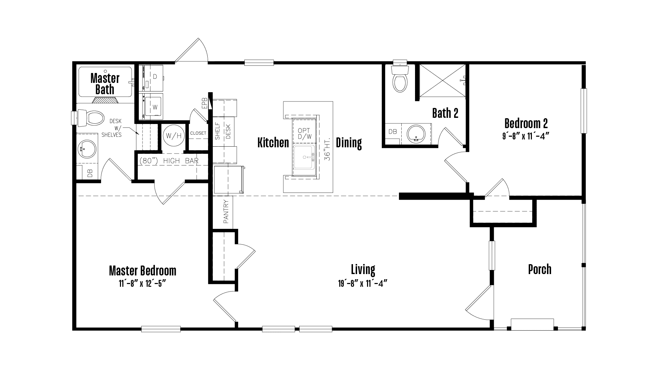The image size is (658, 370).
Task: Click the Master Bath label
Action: pos(105,84)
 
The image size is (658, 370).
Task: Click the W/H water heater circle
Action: pos(174,136)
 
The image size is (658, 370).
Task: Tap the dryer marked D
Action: pos(151,78)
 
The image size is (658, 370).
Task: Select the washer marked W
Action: pos(151,106)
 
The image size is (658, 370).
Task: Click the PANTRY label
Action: pos(226,211)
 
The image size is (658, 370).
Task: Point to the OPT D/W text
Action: pos(304,134)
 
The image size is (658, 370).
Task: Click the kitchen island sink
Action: pos(304,157)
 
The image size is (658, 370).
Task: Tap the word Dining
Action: pos(349,143)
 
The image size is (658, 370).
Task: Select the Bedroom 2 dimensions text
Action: pos(526,136)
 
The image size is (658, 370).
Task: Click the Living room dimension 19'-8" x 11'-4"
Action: pos(363,283)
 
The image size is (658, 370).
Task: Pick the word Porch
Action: pos(540,269)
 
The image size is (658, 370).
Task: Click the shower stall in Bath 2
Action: pos(442,81)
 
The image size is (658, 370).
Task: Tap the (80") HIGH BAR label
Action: pos(169,161)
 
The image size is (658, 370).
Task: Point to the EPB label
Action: pos(205,103)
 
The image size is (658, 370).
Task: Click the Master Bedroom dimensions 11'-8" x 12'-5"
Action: pos(143,283)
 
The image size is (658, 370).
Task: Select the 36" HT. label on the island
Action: pos(327,149)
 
